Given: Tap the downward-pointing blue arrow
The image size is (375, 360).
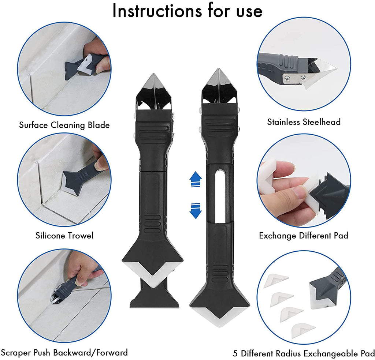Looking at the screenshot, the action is tap(196, 211).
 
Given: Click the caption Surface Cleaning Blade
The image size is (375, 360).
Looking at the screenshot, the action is tap(64, 125).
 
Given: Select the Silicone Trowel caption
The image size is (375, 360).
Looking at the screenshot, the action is tap(64, 236).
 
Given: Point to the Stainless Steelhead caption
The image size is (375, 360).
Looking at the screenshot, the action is tap(304, 122).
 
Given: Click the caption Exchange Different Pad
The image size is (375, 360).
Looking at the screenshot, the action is tap(304, 236).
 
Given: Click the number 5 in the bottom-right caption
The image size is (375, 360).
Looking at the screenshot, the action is tap(235, 353).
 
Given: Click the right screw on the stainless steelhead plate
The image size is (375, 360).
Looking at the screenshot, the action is tap(303, 77).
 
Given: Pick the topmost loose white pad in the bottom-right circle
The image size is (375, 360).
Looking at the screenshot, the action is tap(276, 281).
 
